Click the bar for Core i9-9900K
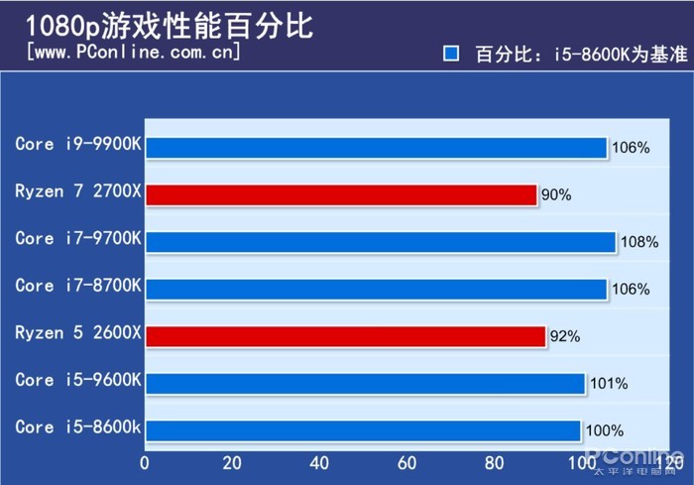[x=376, y=148]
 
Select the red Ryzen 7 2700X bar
[x=341, y=194]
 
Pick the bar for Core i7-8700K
[x=376, y=289]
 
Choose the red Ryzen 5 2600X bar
[x=345, y=336]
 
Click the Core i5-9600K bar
[x=365, y=384]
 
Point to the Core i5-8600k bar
[x=363, y=430]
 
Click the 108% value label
[x=639, y=242]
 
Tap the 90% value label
[x=556, y=195]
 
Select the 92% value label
[x=565, y=337]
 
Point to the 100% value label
[x=605, y=430]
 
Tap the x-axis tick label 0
[x=146, y=462]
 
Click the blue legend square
[x=451, y=54]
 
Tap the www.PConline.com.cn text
[x=135, y=51]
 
